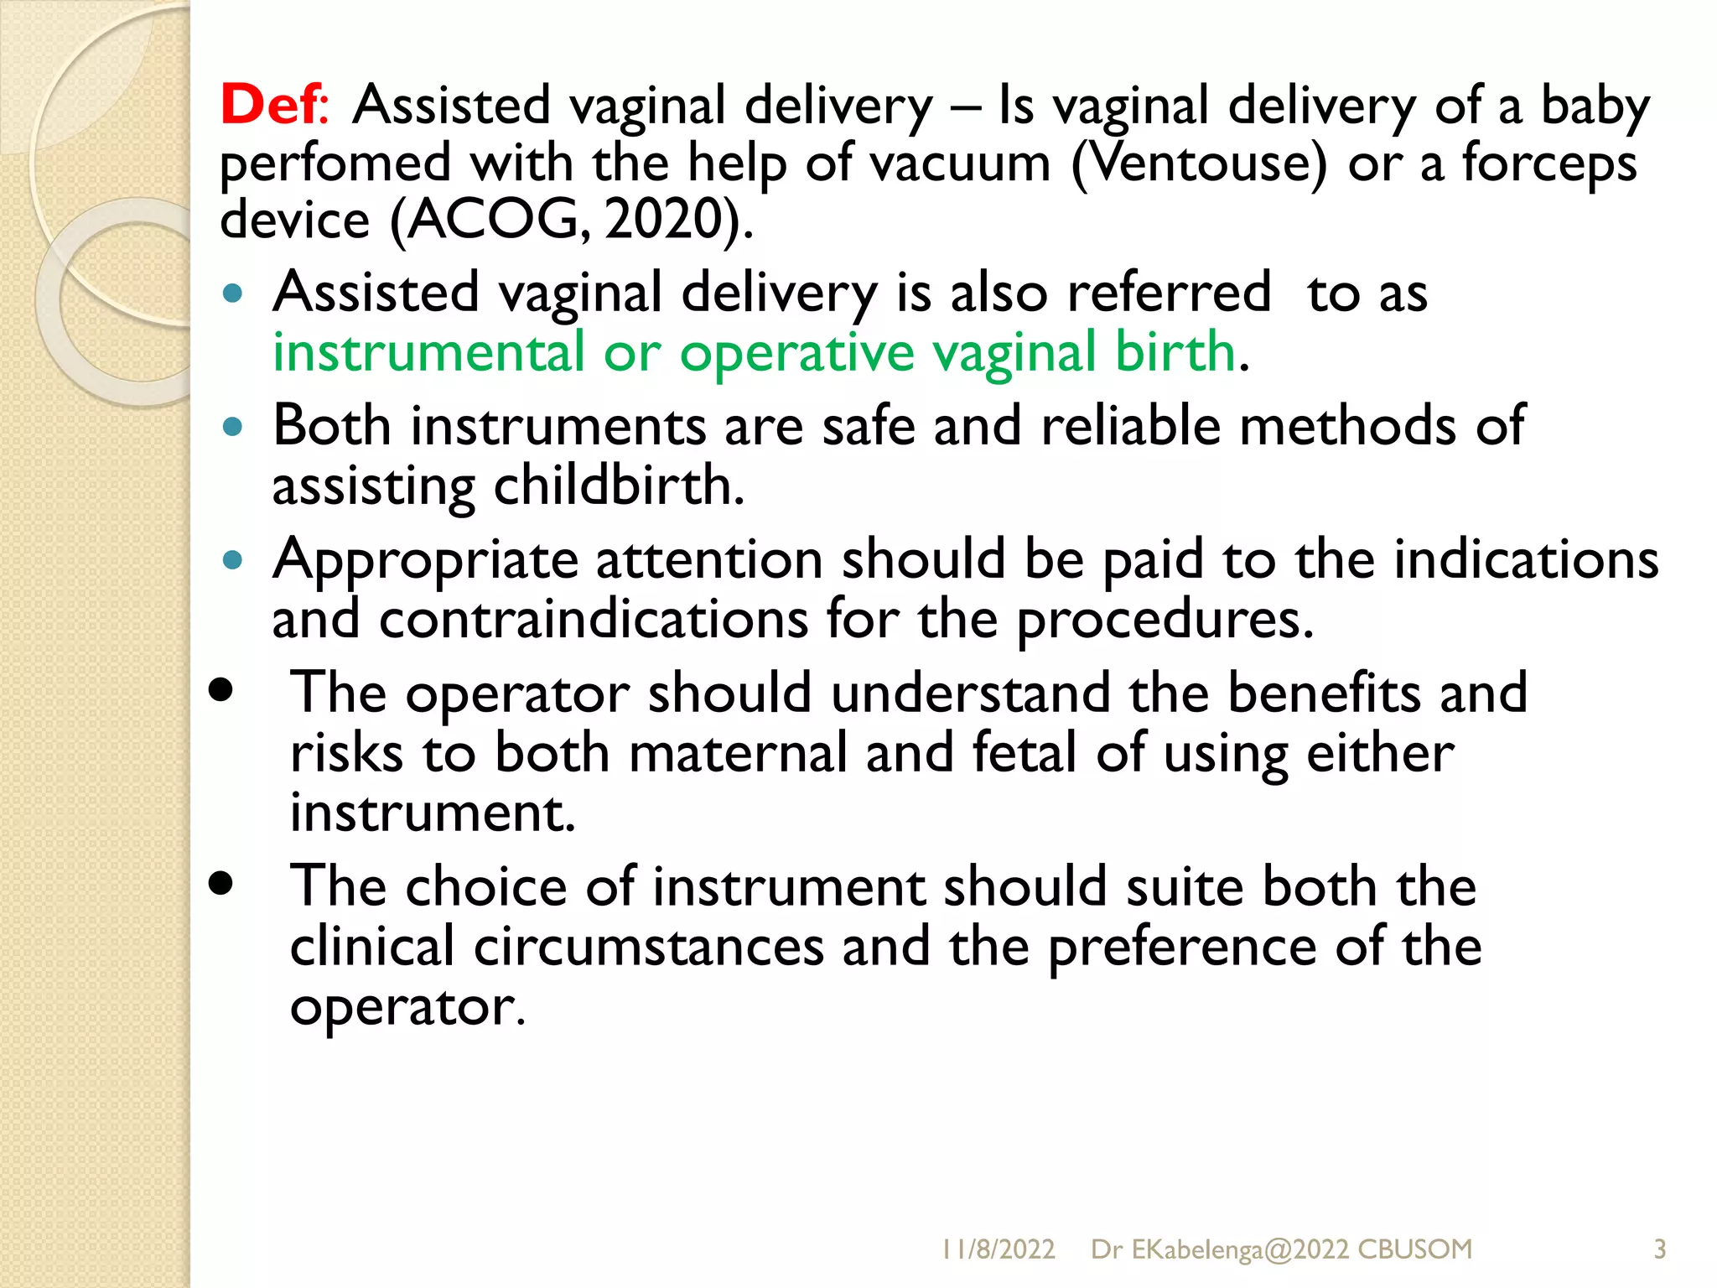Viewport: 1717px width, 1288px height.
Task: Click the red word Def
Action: (269, 106)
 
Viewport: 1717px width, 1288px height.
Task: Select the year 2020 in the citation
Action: (664, 220)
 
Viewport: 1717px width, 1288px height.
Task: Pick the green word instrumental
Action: (428, 352)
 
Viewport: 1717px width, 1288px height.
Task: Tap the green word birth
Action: (1175, 352)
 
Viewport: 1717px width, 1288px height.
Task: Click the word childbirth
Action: (618, 486)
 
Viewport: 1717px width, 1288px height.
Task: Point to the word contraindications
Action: (594, 620)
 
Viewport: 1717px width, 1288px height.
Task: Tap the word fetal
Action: (1024, 752)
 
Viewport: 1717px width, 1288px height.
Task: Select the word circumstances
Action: (649, 947)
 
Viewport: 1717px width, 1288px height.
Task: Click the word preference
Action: (1182, 947)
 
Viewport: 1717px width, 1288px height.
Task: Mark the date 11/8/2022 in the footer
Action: (998, 1249)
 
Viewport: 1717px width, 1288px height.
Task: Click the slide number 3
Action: (1659, 1249)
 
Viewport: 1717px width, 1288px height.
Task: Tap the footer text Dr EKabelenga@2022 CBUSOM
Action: (1281, 1249)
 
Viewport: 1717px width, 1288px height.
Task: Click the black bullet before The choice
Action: (221, 883)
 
